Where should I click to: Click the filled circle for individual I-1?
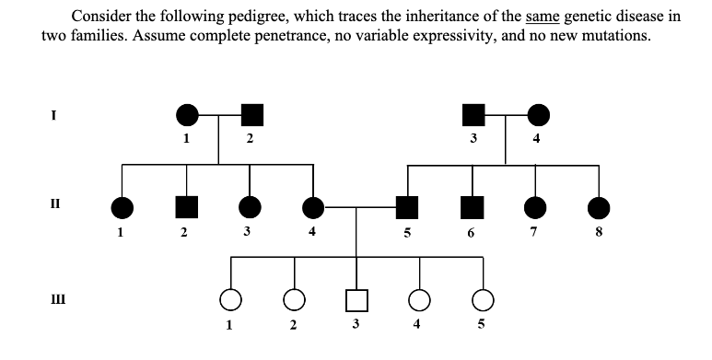tap(187, 115)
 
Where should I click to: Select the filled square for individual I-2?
tap(251, 115)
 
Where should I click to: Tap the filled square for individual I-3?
tap(473, 115)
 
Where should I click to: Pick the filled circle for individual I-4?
tap(539, 115)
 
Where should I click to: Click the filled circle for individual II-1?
tap(121, 208)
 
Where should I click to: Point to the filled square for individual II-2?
tap(187, 208)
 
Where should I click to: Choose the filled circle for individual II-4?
tap(314, 208)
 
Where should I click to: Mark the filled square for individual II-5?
tap(404, 208)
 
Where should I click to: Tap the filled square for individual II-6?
tap(473, 208)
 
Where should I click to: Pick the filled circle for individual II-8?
tap(600, 208)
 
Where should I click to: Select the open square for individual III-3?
tap(357, 300)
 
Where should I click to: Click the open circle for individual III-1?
tap(230, 300)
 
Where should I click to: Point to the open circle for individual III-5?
tap(482, 300)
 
